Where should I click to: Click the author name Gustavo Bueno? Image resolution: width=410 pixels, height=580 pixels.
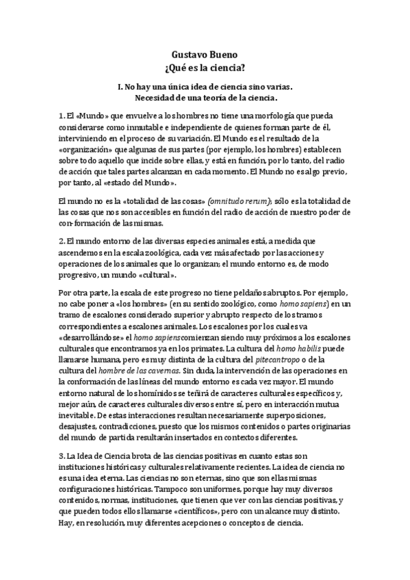tap(205, 56)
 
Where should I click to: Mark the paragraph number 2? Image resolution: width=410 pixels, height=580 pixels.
tap(61, 241)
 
